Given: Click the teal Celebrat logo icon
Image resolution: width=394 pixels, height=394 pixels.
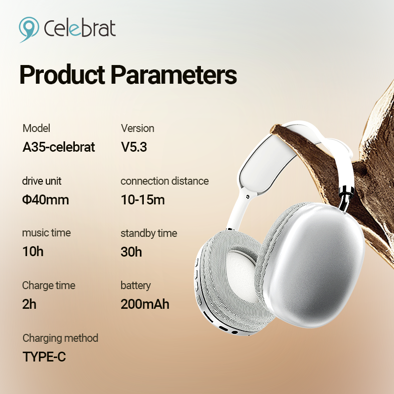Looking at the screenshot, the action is (x=29, y=29).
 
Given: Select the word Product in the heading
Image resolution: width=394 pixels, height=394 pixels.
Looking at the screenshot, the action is (x=62, y=75).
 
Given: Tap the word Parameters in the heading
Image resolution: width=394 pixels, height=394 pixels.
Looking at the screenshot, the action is (x=174, y=75).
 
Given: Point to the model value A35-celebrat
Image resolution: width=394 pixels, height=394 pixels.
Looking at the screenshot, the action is (x=59, y=147).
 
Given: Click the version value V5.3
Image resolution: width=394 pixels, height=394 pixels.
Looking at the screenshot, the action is (x=133, y=147).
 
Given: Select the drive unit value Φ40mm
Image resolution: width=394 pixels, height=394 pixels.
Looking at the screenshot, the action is (x=45, y=200).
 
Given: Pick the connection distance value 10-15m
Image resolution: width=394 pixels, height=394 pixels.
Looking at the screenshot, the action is (x=143, y=200).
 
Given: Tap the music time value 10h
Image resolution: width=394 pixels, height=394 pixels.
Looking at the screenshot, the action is (x=33, y=252).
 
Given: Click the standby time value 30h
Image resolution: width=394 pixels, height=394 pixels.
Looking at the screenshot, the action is (x=131, y=252).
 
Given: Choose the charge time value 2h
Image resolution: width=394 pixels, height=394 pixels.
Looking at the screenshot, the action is (x=29, y=304).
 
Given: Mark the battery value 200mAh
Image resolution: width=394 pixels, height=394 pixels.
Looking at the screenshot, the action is (x=145, y=304).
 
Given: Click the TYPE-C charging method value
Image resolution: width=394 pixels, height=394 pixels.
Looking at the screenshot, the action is (x=44, y=357).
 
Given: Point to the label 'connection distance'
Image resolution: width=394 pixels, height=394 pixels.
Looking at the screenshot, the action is (x=164, y=181).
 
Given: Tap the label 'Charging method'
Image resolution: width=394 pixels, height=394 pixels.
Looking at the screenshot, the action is (x=60, y=338).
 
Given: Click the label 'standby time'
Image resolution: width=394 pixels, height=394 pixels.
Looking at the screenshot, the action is (x=149, y=233).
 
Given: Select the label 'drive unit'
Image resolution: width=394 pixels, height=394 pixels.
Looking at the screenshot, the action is (x=42, y=181).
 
